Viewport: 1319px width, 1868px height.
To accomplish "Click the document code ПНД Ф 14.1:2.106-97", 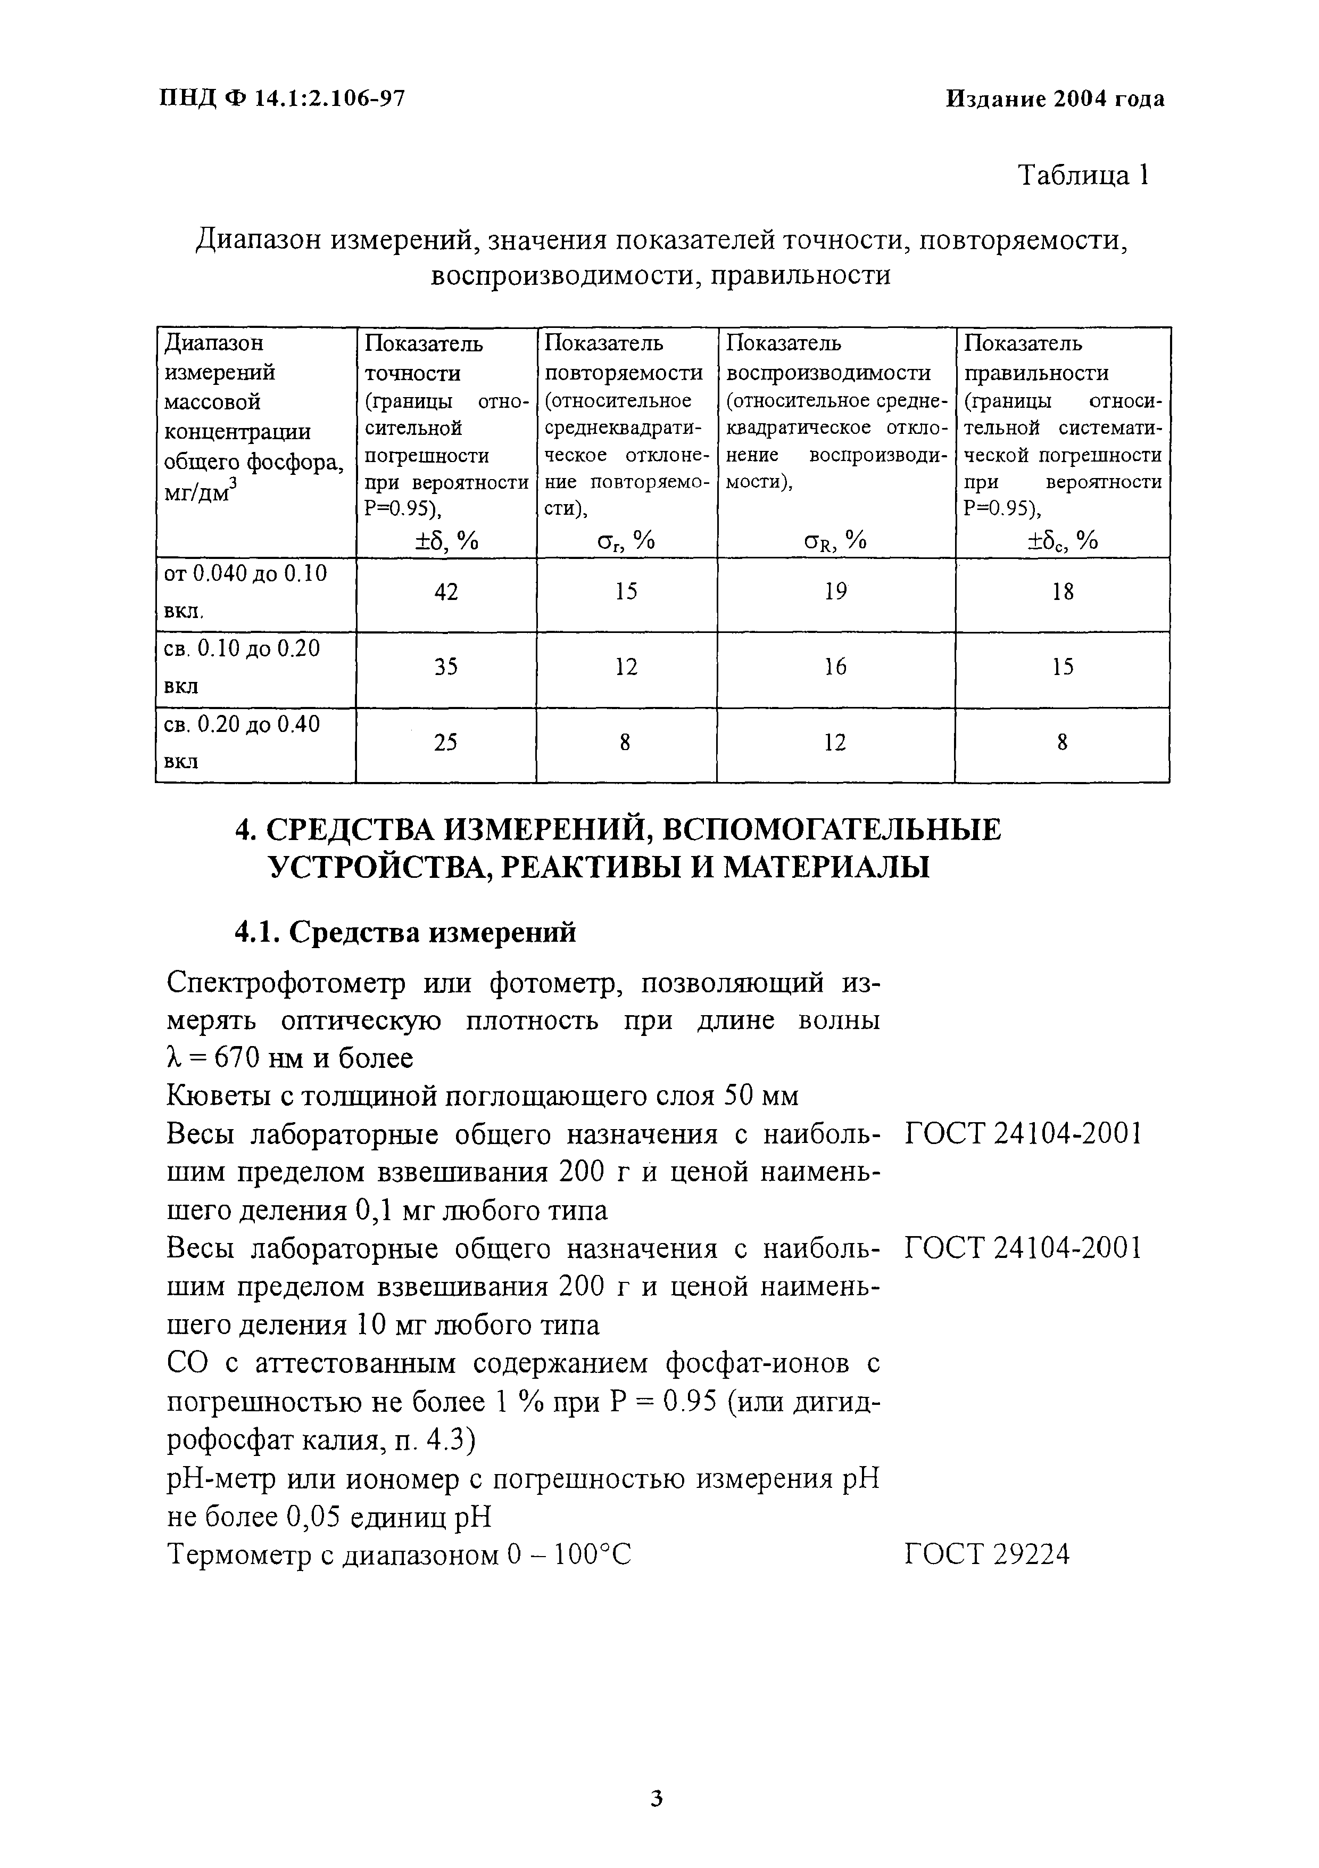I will click(x=281, y=98).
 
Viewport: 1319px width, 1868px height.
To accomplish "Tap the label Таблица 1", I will click(x=1083, y=176).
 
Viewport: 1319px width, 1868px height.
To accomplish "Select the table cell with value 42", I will click(x=446, y=593).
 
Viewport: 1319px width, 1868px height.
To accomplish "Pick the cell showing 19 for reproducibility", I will click(x=835, y=593).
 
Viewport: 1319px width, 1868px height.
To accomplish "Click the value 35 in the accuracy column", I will click(x=446, y=667).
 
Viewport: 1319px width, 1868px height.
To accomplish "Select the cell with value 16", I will click(x=835, y=667).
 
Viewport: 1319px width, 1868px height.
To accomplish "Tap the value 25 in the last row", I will click(x=446, y=742).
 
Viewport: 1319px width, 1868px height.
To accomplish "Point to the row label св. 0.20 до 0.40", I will click(x=242, y=724).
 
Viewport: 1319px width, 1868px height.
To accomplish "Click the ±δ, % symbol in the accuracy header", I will click(x=446, y=540).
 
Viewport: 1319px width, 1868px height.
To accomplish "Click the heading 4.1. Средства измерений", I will click(x=405, y=932).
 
